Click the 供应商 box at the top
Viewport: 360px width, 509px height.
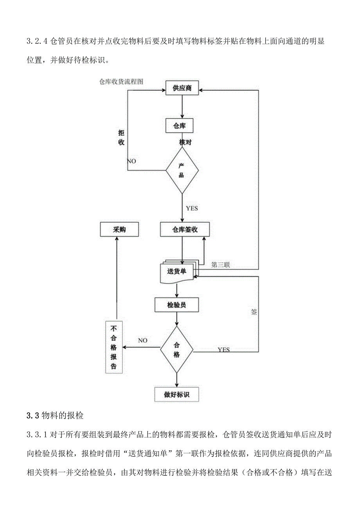pos(182,88)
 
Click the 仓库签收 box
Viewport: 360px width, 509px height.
pos(185,230)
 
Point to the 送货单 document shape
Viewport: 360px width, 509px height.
pos(177,272)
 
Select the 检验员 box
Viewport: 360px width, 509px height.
pos(176,305)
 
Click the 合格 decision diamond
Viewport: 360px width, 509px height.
pos(176,349)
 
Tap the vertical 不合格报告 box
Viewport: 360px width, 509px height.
pos(114,347)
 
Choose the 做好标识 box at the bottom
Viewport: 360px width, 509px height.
pos(176,394)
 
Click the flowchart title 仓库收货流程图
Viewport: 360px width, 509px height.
pos(121,82)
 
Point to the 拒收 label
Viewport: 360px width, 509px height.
pos(121,137)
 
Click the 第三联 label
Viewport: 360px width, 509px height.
pos(221,265)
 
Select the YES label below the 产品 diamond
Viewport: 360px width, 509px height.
pos(192,208)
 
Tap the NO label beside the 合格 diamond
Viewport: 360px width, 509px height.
pos(142,340)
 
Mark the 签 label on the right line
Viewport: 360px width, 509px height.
pos(254,312)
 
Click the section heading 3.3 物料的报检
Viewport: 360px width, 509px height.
pos(55,415)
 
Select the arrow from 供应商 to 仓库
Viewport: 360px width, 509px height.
pos(182,106)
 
